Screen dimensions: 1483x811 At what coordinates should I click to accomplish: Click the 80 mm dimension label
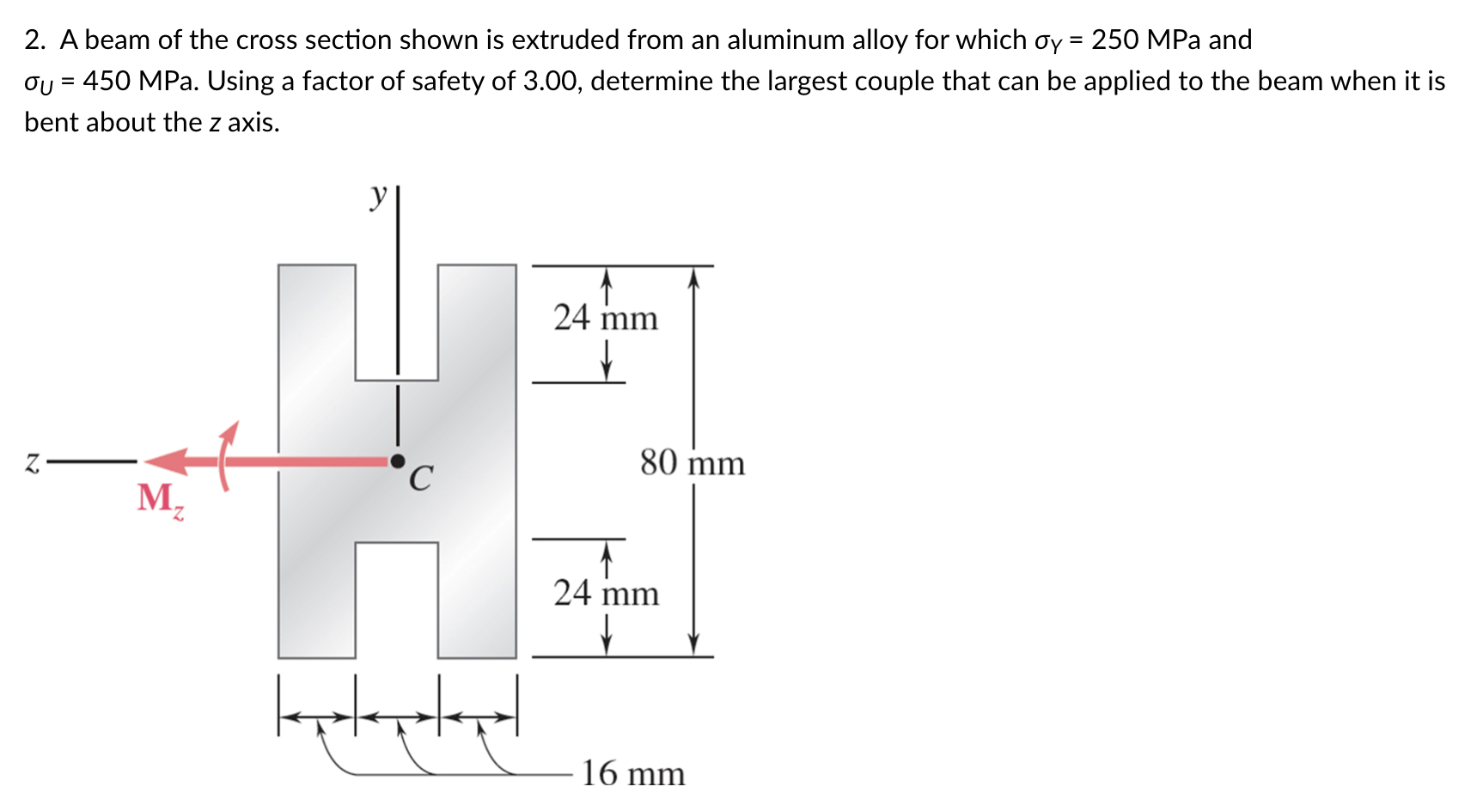click(x=692, y=463)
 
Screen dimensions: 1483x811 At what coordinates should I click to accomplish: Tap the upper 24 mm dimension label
click(x=606, y=318)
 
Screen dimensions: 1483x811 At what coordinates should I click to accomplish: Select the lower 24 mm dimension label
click(x=606, y=593)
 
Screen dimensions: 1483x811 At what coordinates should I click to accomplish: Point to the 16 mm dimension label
click(x=633, y=773)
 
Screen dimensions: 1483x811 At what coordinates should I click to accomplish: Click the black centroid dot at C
click(x=397, y=461)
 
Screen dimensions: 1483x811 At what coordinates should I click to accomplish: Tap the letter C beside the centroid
click(x=420, y=478)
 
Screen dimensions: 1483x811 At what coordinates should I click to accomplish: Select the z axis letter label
click(x=32, y=463)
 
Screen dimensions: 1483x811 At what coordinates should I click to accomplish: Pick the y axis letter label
click(x=378, y=196)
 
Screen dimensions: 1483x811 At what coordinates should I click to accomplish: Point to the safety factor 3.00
click(x=552, y=81)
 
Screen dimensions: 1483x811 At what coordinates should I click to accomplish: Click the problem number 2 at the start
click(x=34, y=40)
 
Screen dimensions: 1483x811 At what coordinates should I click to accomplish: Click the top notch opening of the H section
click(x=397, y=322)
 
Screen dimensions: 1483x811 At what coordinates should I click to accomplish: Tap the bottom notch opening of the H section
click(x=397, y=600)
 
